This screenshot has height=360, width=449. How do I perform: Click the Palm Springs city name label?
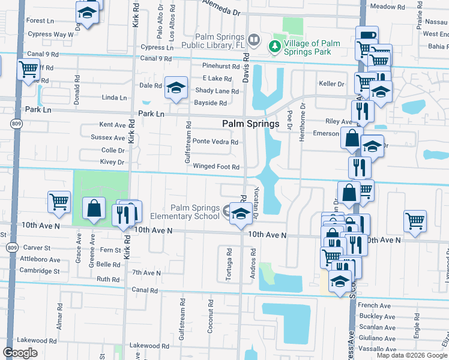[251, 124]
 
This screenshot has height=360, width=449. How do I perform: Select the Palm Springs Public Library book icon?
[255, 41]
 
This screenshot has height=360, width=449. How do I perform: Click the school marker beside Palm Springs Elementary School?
[240, 214]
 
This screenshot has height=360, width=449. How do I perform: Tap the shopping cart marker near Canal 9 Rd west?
[28, 70]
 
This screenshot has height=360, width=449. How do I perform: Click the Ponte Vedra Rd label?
[215, 142]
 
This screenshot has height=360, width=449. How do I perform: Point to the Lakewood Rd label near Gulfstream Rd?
[148, 346]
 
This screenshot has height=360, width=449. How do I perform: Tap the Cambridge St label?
[38, 271]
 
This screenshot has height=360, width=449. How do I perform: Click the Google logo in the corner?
[20, 353]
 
